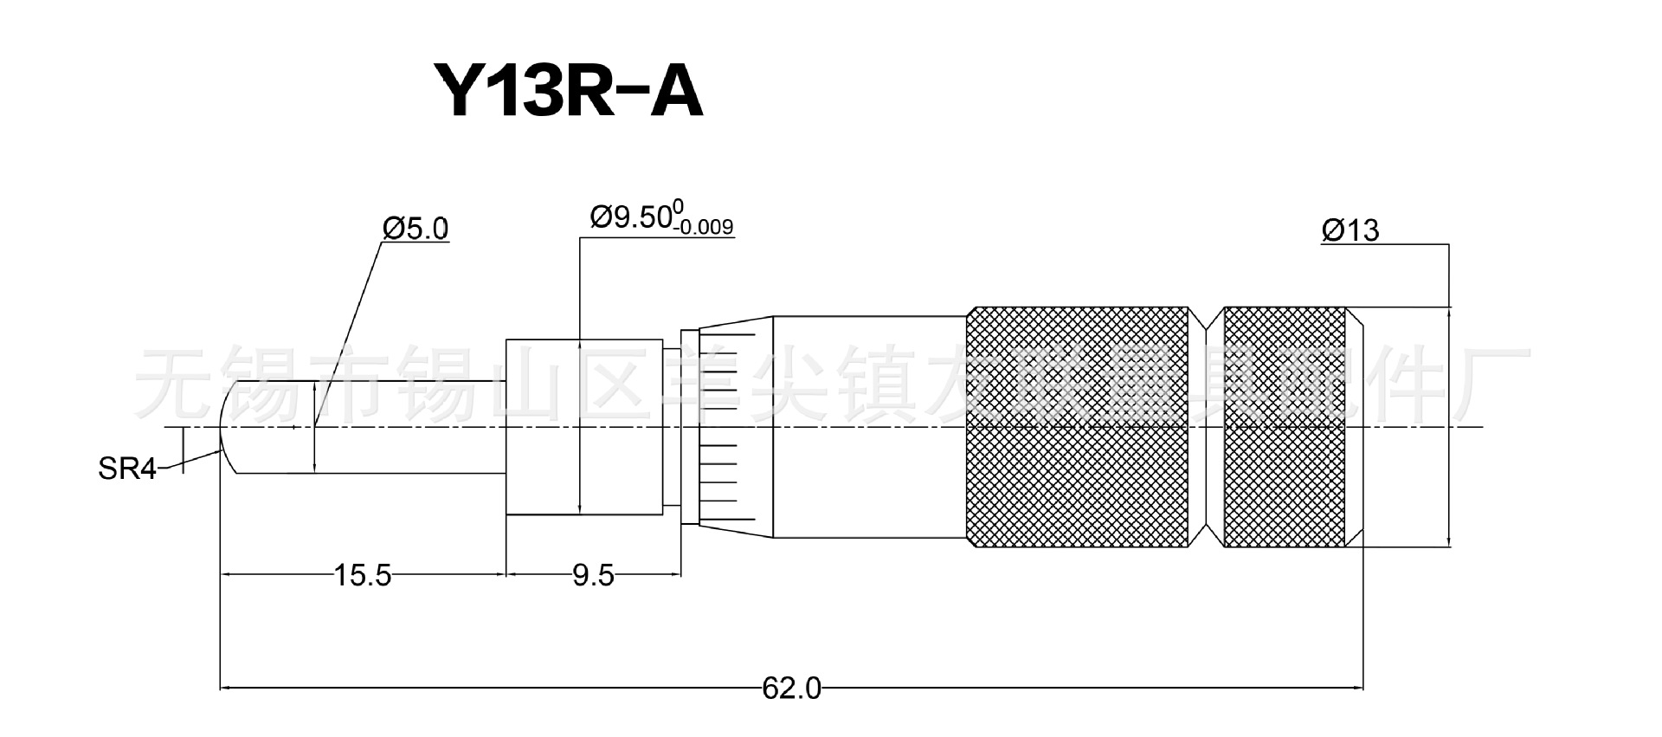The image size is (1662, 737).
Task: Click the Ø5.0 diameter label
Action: click(x=415, y=229)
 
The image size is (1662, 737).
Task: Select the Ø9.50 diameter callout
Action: click(x=630, y=217)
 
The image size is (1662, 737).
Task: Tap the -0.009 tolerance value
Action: click(x=705, y=229)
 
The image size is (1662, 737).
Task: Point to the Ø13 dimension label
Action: click(x=1350, y=230)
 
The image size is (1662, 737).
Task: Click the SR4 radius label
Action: click(x=126, y=469)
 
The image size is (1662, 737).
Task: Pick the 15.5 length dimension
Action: click(x=363, y=575)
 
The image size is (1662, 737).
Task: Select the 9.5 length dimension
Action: click(x=593, y=575)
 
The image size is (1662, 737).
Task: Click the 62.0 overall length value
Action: click(x=791, y=689)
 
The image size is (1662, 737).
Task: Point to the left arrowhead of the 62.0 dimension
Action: click(x=228, y=689)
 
